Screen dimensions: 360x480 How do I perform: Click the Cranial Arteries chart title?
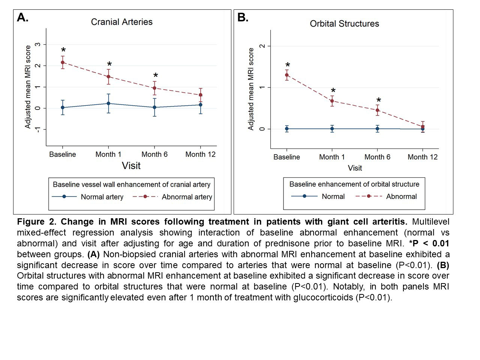click(122, 22)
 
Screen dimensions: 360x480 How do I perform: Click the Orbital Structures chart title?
click(344, 24)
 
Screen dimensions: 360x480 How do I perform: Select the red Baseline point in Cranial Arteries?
click(63, 62)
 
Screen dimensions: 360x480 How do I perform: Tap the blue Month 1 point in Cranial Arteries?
click(108, 103)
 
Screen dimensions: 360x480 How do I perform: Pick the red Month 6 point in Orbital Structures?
click(378, 110)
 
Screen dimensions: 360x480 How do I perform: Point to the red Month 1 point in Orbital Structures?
click(332, 101)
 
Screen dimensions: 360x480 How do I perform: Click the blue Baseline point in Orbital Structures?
click(287, 129)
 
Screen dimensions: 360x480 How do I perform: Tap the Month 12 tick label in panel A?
click(200, 154)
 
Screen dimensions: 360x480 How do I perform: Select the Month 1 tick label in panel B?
click(332, 157)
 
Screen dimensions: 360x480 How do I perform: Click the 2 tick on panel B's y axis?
click(262, 46)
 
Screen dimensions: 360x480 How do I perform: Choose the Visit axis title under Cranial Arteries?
click(131, 166)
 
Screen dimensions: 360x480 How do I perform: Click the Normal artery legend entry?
click(102, 197)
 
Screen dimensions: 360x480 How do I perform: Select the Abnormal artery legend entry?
click(187, 197)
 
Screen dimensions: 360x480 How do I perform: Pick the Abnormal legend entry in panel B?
click(401, 196)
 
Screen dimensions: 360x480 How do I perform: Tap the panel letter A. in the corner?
click(23, 18)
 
